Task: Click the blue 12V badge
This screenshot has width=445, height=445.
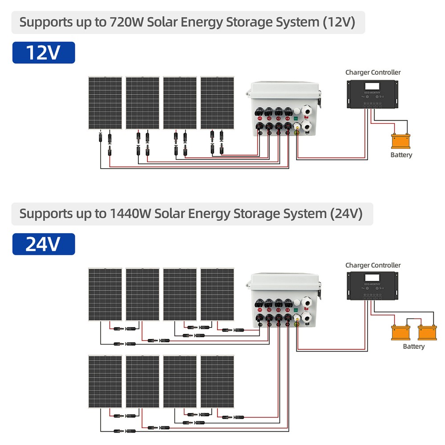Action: (44, 53)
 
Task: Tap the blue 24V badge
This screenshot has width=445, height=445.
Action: (44, 244)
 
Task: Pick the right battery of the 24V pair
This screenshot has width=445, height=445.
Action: (427, 332)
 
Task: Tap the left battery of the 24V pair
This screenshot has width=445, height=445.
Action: (400, 332)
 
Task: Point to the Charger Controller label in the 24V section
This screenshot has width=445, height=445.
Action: (373, 265)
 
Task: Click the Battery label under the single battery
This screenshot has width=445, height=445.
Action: (401, 155)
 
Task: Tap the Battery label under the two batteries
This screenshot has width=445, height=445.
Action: (413, 346)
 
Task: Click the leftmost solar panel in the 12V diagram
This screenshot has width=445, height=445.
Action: (105, 103)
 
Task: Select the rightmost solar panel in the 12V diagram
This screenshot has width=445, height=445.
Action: (217, 103)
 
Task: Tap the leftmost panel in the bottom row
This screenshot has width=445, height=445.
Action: (105, 382)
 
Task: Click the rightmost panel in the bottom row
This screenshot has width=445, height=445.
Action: (217, 382)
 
